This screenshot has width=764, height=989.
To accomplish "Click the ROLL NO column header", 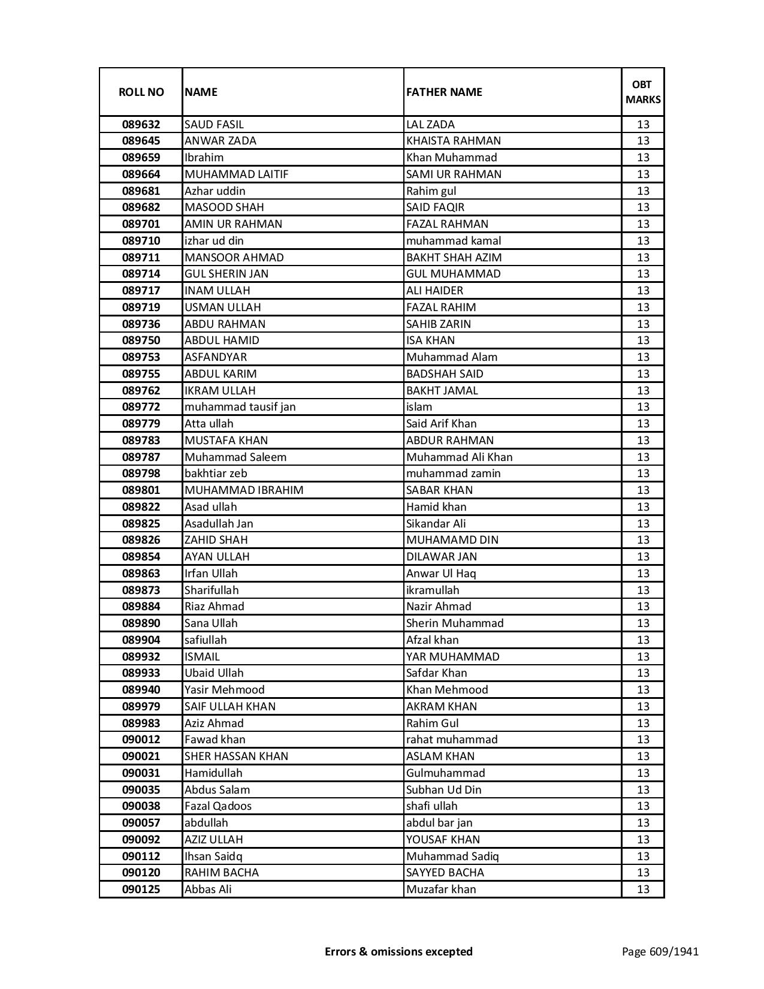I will pos(141,92).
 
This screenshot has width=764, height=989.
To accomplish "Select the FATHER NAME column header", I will pos(444,92).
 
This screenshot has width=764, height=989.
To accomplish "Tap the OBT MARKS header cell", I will pos(643,92).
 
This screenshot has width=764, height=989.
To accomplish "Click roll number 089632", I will pos(141,125).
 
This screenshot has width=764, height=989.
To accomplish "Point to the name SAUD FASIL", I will pos(214,125).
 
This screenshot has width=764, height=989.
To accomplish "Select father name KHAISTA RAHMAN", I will pos(453,141).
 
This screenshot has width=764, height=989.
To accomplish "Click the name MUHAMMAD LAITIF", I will pos(236,174).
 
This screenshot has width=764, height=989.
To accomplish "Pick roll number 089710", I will pos(141,241).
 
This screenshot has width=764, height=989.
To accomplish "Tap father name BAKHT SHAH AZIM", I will pos(454,258).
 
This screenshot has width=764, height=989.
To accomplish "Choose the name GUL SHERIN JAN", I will pos(226,274).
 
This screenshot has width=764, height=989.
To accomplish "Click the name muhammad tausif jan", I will pos(240,407).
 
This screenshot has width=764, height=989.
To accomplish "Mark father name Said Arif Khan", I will pos(441,424).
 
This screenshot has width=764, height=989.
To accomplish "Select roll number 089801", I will pos(141,490).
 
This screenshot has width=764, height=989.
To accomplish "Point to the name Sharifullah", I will pos(211,590).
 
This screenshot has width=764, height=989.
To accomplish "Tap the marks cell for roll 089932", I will pos(643,657).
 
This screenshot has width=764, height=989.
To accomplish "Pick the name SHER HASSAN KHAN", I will pos(236,756).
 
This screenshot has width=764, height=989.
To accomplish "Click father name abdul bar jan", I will pos(439,823).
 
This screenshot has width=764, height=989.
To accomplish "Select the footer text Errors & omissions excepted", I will pos(398,951).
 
